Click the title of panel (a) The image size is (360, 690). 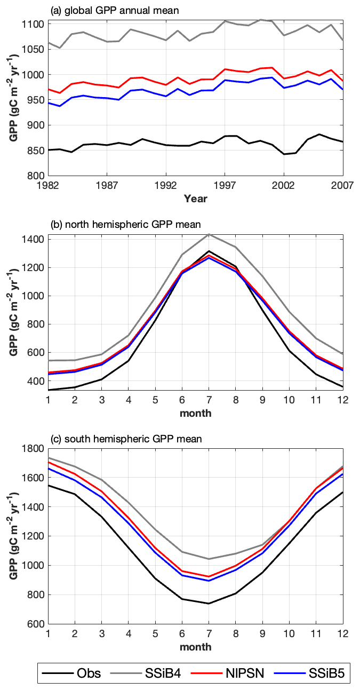[x=114, y=10]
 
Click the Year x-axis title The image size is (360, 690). [x=195, y=199]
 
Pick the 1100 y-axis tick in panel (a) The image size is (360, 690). [x=35, y=24]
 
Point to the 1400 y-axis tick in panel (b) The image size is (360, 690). [x=35, y=239]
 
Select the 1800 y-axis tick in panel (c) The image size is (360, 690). [x=35, y=449]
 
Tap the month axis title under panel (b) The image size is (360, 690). [x=195, y=413]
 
